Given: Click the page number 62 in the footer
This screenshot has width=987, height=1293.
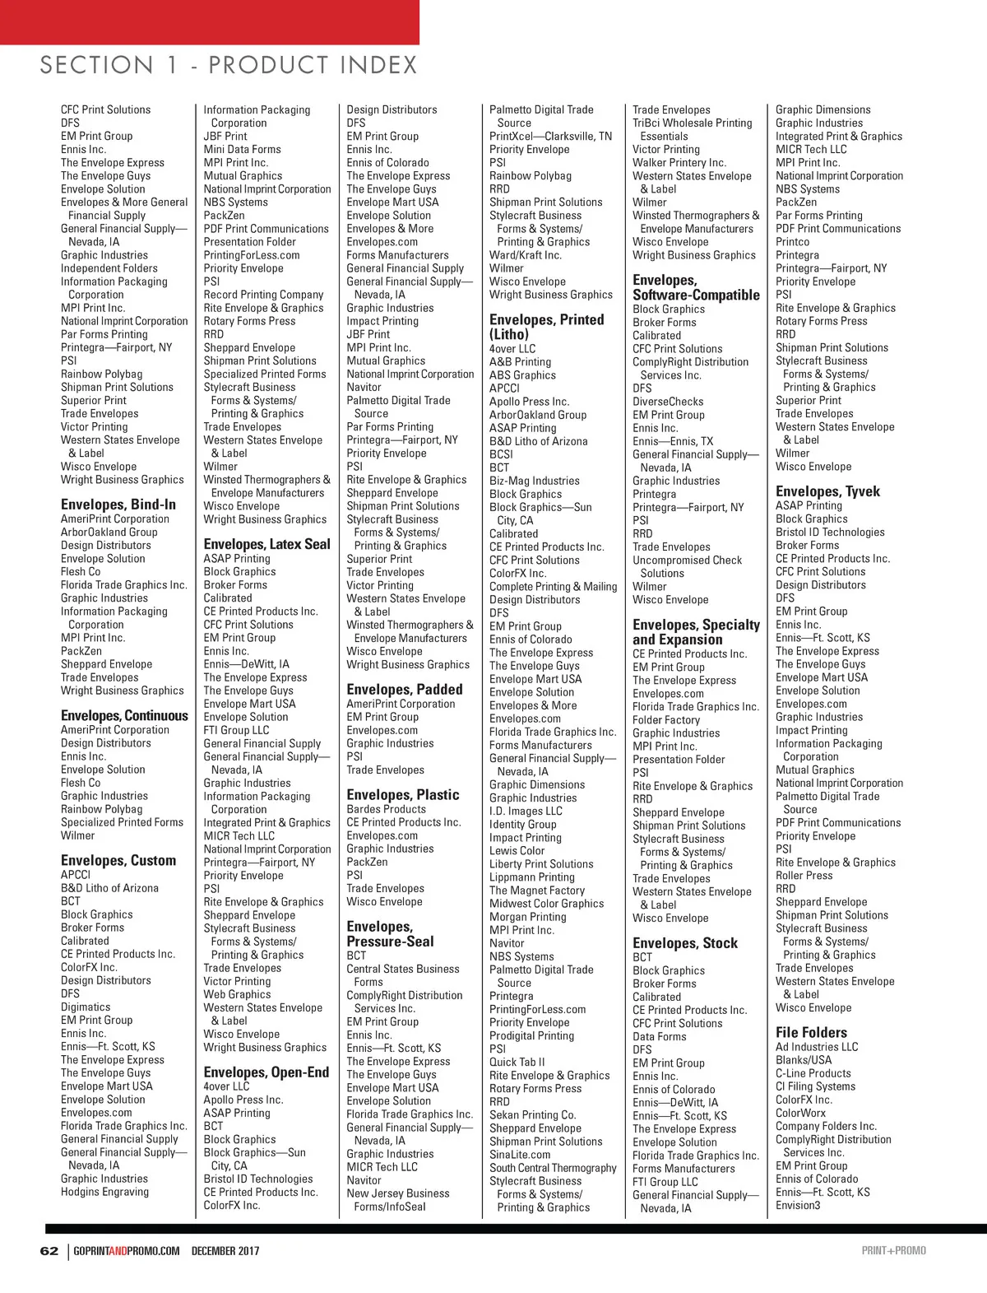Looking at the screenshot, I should (x=49, y=1251).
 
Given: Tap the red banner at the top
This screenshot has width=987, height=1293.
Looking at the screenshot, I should (x=209, y=21).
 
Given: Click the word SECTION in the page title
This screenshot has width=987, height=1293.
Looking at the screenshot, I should (x=96, y=65).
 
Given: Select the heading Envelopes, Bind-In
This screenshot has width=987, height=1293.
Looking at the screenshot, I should (x=118, y=505).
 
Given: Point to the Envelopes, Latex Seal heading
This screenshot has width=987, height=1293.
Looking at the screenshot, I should (x=267, y=544).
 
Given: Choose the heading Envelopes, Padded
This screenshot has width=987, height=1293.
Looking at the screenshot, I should (x=405, y=690).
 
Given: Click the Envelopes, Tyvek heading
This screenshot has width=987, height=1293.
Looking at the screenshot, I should (x=827, y=491).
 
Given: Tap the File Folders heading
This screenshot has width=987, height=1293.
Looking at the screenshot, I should (x=811, y=1032).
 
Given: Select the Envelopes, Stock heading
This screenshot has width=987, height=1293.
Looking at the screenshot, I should (x=685, y=943).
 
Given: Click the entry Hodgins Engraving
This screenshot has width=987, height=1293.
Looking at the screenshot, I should (x=105, y=1192).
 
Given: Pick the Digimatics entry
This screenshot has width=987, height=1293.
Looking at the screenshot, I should (x=86, y=1007).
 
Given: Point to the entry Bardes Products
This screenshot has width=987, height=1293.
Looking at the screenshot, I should (x=387, y=809).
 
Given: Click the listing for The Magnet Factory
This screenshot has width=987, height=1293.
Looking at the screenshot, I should (x=537, y=891).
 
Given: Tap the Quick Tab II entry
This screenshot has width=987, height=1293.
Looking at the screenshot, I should (x=517, y=1062).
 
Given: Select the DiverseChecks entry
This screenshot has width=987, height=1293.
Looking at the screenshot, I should (x=669, y=402).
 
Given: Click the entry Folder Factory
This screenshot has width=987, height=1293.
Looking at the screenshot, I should (x=666, y=720).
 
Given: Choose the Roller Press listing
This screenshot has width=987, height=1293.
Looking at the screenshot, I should (x=804, y=876).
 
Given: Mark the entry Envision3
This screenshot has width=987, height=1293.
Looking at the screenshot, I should (x=798, y=1205).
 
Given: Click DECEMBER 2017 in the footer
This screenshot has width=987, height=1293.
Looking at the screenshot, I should (x=225, y=1251).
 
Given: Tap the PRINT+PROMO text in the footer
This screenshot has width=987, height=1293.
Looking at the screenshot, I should (x=893, y=1251).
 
